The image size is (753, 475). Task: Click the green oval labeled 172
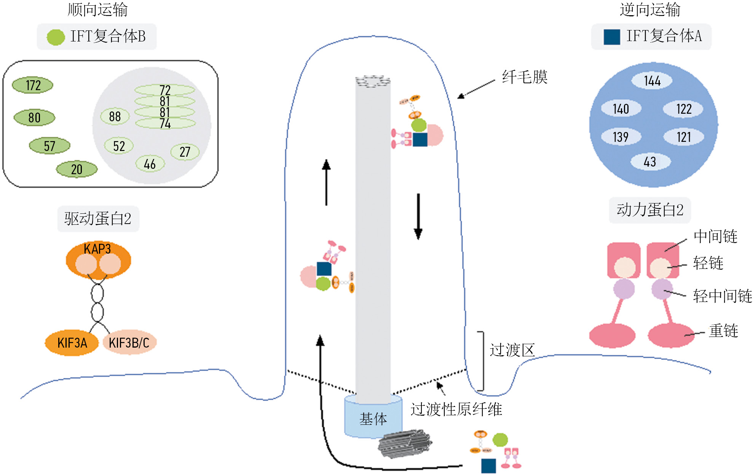(33, 85)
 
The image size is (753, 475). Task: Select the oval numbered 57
(49, 146)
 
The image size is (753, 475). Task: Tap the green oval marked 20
(77, 169)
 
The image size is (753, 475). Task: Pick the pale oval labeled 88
(115, 116)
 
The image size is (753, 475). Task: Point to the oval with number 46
(150, 164)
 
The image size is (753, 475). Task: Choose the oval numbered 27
(185, 152)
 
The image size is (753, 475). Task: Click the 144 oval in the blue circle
(652, 81)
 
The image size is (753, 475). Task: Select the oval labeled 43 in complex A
(650, 162)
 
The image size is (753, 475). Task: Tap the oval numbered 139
(621, 137)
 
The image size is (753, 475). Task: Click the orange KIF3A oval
(72, 343)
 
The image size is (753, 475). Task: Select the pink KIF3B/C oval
(129, 343)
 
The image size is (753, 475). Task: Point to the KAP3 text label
(97, 249)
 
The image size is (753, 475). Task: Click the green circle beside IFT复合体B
(56, 37)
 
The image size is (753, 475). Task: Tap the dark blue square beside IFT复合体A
(611, 37)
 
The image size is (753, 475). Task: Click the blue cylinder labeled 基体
(373, 418)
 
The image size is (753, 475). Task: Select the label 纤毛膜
(525, 77)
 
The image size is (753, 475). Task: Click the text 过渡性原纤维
(456, 410)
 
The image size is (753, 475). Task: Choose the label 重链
(723, 330)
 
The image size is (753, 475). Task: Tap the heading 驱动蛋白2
(98, 219)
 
